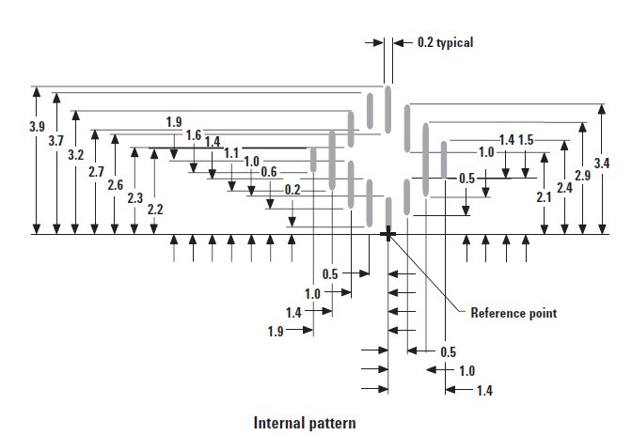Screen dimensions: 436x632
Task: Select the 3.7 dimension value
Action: pyautogui.click(x=54, y=140)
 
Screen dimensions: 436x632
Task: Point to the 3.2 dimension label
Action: pyautogui.click(x=76, y=154)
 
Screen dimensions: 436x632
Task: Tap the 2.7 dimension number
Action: pyautogui.click(x=95, y=172)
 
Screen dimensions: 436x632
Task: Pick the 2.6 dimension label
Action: pyautogui.click(x=115, y=185)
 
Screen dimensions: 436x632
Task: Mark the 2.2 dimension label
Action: pyautogui.click(x=155, y=210)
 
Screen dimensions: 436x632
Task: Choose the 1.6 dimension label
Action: pyautogui.click(x=194, y=135)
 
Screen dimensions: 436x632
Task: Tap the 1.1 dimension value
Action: pyautogui.click(x=231, y=153)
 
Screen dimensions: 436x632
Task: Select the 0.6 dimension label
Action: pyautogui.click(x=269, y=172)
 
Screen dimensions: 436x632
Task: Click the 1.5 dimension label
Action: pyautogui.click(x=525, y=140)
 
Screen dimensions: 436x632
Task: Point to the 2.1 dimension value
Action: pyautogui.click(x=544, y=197)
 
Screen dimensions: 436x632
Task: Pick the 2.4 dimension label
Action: pyautogui.click(x=564, y=187)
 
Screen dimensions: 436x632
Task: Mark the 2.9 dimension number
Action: pyautogui.click(x=582, y=176)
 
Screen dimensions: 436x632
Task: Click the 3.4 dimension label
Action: pyautogui.click(x=602, y=163)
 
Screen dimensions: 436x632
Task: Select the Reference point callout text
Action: pyautogui.click(x=513, y=313)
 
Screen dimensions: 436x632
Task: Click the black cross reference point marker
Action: pyautogui.click(x=387, y=234)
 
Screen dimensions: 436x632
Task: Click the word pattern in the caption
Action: pyautogui.click(x=333, y=422)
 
